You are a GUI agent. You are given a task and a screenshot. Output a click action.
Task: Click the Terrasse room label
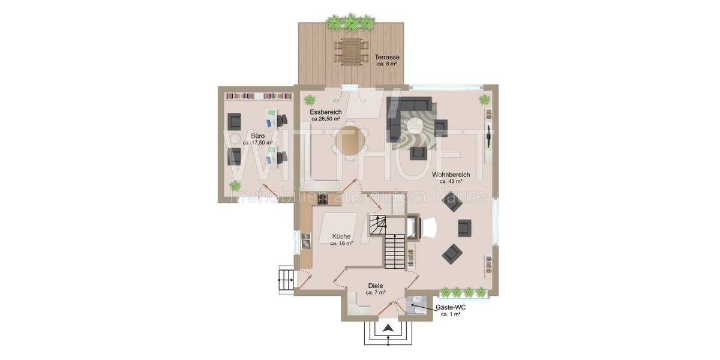tap(387, 57)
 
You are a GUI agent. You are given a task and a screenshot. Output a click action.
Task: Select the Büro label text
tap(258, 136)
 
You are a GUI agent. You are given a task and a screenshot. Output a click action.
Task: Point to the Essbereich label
tap(326, 112)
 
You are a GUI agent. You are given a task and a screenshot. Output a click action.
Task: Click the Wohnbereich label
tap(451, 175)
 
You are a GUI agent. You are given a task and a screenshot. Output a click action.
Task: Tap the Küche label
tap(341, 236)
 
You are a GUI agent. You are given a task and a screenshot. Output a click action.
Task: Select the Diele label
tap(375, 286)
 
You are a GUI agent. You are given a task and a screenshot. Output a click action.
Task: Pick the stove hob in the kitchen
tap(323, 200)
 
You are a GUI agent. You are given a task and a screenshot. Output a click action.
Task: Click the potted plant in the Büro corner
tap(236, 186)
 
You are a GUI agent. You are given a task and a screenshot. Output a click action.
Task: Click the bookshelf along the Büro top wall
tap(258, 95)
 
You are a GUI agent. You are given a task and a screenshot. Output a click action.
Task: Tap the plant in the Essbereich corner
tap(310, 99)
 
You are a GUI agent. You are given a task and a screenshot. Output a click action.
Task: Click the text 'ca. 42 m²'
tap(451, 181)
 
